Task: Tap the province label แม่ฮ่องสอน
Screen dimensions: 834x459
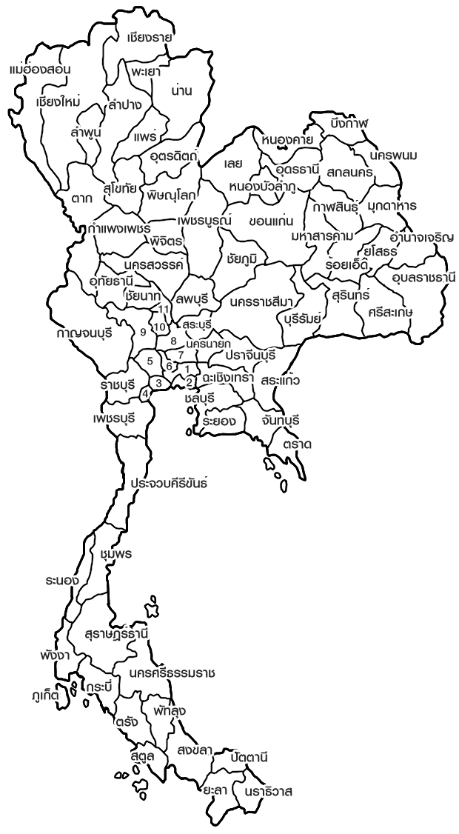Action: click(x=40, y=70)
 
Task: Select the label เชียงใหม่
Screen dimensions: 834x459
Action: click(x=58, y=101)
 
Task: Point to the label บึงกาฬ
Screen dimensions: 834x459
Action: click(x=350, y=122)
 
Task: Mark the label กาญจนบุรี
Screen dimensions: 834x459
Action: click(x=84, y=333)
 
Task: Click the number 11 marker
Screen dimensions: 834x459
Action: click(x=164, y=308)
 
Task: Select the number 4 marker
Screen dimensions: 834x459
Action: click(x=145, y=393)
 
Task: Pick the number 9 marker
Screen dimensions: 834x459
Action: click(x=143, y=332)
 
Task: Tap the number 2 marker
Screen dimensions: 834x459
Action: click(x=189, y=382)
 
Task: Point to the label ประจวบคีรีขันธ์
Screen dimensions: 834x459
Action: click(x=170, y=483)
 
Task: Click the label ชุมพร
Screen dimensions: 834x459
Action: click(x=116, y=554)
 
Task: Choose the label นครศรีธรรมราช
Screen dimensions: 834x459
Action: click(x=172, y=673)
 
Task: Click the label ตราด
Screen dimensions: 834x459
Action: click(x=297, y=444)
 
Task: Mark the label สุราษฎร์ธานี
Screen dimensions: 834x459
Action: click(x=118, y=634)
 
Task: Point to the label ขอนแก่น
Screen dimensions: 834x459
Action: click(x=272, y=221)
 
